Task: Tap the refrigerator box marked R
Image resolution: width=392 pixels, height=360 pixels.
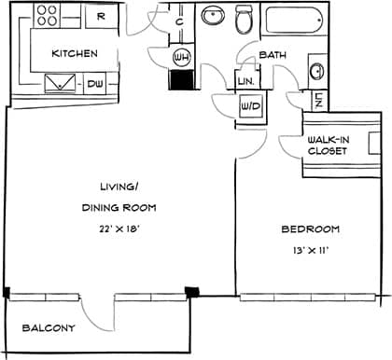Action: (100, 16)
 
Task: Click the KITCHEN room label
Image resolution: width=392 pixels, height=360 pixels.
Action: (75, 53)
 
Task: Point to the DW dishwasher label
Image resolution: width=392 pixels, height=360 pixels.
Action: (95, 84)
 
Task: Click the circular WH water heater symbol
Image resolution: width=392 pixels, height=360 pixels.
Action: (181, 57)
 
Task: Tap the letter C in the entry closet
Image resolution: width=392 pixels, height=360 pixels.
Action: (178, 22)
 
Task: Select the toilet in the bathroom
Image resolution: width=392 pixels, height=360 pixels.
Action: (245, 18)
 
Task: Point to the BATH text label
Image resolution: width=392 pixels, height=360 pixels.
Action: (273, 55)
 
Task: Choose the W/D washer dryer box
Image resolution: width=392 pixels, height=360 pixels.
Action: (251, 107)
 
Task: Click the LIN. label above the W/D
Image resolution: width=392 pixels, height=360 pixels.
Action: (247, 82)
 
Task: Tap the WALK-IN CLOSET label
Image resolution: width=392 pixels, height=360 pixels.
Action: (328, 145)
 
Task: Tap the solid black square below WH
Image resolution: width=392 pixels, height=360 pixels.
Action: (180, 79)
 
